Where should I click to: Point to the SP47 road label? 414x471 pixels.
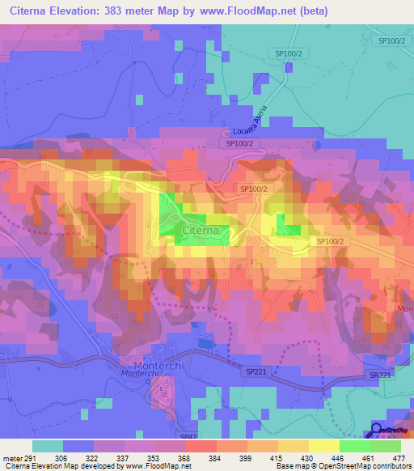(188, 436)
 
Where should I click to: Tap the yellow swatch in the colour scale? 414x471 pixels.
(323, 445)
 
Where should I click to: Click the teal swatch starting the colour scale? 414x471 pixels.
(48, 445)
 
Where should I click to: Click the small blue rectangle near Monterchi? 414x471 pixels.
(205, 345)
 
